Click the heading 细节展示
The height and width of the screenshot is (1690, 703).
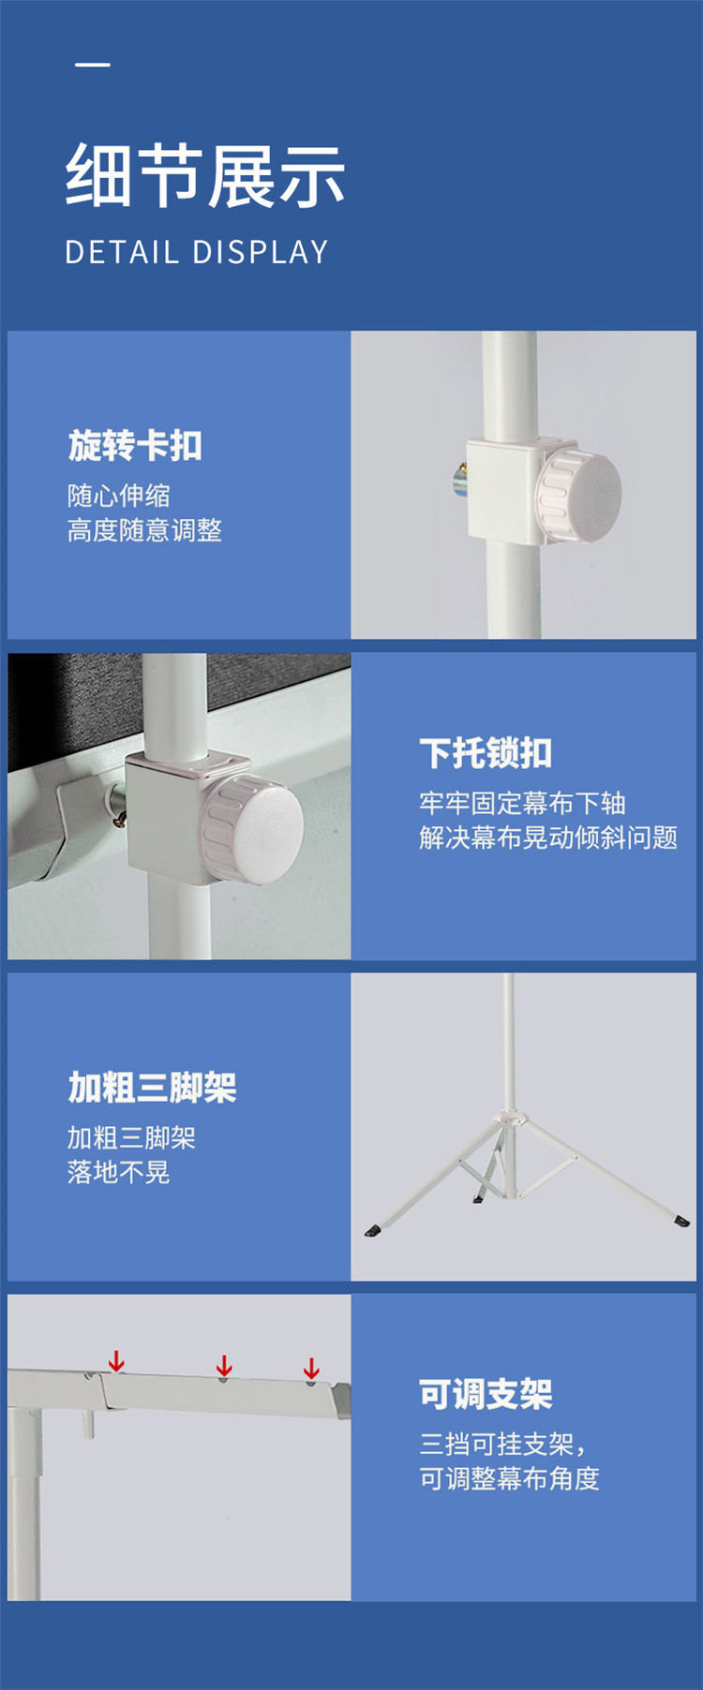click(205, 176)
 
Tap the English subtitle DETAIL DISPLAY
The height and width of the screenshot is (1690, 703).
click(197, 252)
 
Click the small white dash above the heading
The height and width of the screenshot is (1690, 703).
click(93, 65)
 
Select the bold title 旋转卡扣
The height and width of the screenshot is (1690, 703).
click(135, 445)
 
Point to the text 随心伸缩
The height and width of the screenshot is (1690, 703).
click(119, 495)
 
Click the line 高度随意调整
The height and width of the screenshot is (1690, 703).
click(144, 530)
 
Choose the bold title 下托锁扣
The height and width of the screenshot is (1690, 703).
click(486, 753)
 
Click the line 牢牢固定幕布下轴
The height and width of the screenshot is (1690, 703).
click(522, 803)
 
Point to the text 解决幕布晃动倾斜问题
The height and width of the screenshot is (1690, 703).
click(548, 838)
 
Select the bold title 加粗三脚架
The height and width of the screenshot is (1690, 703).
click(152, 1088)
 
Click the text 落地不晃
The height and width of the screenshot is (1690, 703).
click(119, 1172)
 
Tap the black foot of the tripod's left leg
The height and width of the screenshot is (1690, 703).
click(372, 1230)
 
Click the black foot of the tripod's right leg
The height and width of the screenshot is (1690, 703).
click(681, 1221)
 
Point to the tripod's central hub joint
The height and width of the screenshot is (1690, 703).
click(509, 1118)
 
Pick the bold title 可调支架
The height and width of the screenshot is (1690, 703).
click(486, 1394)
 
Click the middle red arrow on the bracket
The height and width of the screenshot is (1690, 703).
click(224, 1366)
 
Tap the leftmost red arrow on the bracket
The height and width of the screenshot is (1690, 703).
click(116, 1361)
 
